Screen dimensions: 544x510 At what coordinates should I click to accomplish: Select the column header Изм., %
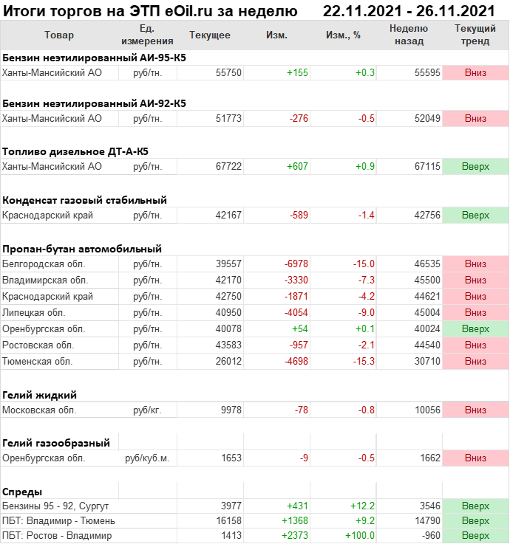tap(343, 35)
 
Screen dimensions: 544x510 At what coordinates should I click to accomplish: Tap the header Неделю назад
tap(409, 35)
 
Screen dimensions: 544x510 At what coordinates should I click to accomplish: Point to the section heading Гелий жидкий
tap(40, 395)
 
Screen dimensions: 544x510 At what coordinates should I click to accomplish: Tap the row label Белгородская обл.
tap(44, 264)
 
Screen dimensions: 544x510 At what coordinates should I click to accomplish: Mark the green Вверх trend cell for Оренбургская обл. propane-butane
tap(475, 328)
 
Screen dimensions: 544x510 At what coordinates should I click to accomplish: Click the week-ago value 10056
tap(426, 410)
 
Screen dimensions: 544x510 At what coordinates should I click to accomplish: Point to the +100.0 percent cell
tap(360, 535)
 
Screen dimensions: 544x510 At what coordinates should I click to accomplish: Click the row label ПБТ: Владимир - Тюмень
tap(59, 520)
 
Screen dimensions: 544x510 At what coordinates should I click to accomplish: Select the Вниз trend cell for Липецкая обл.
tap(475, 312)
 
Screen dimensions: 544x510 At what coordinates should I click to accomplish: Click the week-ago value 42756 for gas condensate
tap(426, 215)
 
